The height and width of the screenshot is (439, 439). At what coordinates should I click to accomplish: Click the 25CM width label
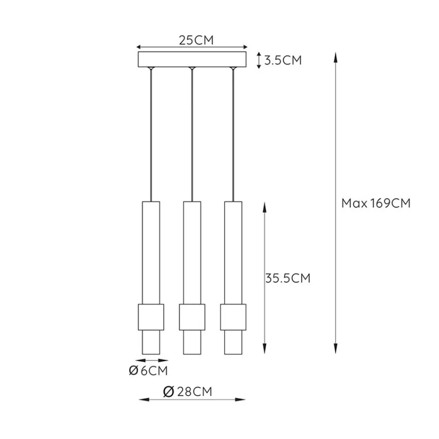(x=196, y=40)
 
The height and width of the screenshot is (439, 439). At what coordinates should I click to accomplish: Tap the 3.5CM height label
(x=283, y=60)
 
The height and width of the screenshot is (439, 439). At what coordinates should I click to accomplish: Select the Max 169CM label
(x=376, y=203)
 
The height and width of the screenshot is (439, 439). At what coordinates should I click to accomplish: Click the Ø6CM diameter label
(x=148, y=371)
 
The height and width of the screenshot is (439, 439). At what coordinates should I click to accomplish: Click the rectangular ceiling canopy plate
(x=192, y=60)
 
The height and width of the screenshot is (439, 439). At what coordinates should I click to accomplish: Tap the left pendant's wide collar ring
(x=151, y=317)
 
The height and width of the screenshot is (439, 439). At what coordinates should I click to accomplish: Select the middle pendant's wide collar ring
(x=192, y=317)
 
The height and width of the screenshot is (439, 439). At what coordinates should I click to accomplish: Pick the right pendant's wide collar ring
(x=233, y=317)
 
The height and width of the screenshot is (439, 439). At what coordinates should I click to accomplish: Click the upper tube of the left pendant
(x=151, y=252)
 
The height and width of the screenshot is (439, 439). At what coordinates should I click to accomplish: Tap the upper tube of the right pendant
(x=233, y=252)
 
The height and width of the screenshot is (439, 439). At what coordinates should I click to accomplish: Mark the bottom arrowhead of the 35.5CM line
(x=265, y=349)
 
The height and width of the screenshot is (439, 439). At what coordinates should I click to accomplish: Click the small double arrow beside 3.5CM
(x=259, y=60)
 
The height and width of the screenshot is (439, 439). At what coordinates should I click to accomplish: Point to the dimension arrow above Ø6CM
(x=151, y=361)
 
